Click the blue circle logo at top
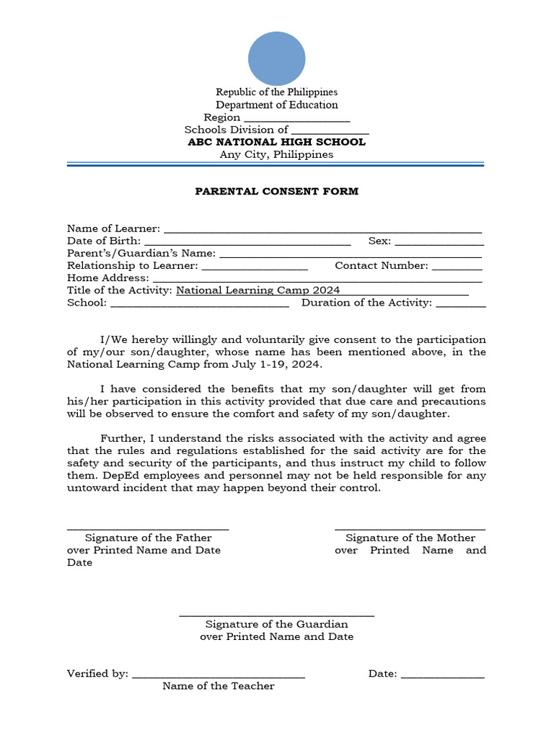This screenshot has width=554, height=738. (x=277, y=60)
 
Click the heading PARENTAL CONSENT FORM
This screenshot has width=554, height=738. (x=277, y=192)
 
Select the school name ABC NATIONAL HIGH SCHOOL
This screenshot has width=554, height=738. (x=277, y=142)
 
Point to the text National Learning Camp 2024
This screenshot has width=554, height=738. (x=258, y=290)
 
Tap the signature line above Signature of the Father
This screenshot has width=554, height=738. (x=148, y=529)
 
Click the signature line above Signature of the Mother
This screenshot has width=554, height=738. (x=410, y=529)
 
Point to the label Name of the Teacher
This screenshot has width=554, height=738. (x=219, y=686)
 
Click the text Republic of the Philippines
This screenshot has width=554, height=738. (x=277, y=92)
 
